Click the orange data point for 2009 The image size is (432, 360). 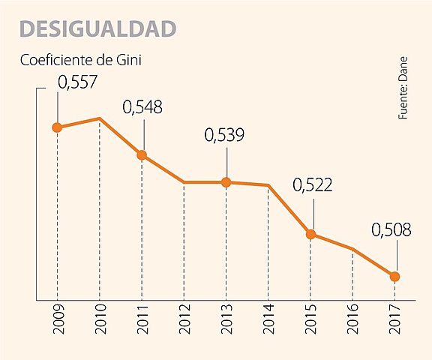[57, 127]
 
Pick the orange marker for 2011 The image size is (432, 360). [142, 155]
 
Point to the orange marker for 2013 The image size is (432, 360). [226, 182]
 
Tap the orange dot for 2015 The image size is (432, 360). [310, 235]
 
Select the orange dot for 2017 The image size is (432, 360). [394, 277]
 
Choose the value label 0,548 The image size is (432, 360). [142, 107]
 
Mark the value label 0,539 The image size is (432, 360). [225, 136]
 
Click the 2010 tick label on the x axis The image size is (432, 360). [100, 321]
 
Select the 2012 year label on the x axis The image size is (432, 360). [184, 321]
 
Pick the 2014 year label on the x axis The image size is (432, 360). [268, 321]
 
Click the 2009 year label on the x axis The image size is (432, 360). [58, 321]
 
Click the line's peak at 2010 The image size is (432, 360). [99, 118]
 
